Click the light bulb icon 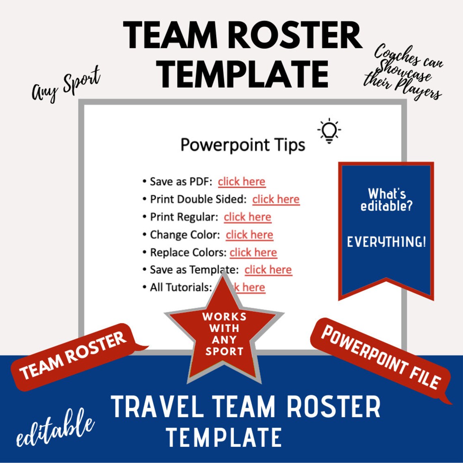click(329, 131)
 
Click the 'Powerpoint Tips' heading click(242, 145)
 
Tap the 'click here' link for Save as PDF click(241, 182)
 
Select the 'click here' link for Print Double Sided click(276, 199)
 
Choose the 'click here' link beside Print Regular click(247, 217)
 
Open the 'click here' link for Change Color click(249, 235)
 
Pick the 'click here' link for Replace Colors click(253, 252)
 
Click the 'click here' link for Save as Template click(268, 270)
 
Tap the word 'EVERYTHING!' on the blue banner click(386, 242)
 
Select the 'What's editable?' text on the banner click(386, 199)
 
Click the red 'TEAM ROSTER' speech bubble click(73, 356)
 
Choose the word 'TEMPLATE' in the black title click(243, 74)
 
